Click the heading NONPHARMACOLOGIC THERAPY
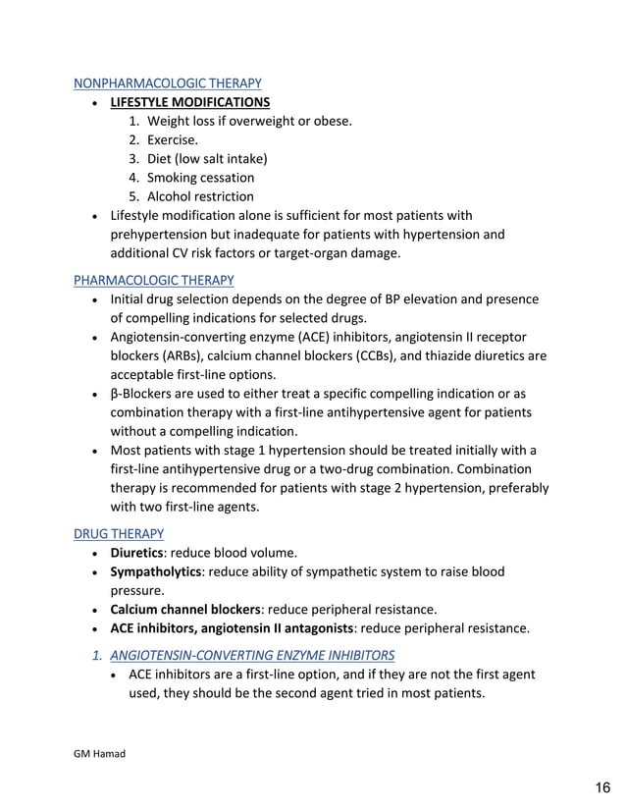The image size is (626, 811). point(168,83)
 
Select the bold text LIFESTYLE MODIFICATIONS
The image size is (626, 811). point(190,102)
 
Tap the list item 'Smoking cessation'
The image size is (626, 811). point(200,178)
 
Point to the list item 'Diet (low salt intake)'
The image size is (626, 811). point(207,159)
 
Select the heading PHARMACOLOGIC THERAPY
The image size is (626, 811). point(154,280)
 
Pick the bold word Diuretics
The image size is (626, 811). point(136,553)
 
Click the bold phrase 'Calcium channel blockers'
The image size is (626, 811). point(185,609)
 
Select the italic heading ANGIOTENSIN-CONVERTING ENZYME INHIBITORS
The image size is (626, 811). point(252,655)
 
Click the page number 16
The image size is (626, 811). point(601,787)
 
